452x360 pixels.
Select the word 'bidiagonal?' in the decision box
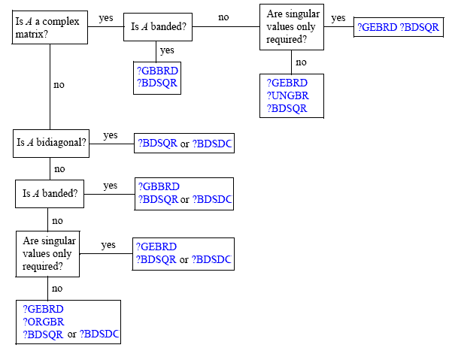tap(61, 142)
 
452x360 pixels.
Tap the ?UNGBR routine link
tap(288, 95)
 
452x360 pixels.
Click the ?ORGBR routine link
tap(44, 322)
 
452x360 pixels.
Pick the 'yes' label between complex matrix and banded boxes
tap(106, 18)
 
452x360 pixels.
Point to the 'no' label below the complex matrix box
tap(59, 85)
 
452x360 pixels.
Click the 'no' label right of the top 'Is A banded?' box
tap(223, 17)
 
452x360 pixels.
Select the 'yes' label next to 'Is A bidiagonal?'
tap(111, 135)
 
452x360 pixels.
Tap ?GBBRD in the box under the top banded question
tap(158, 71)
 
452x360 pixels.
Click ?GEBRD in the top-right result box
tap(377, 27)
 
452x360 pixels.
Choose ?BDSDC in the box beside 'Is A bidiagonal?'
tap(212, 144)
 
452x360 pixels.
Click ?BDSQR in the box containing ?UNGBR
tap(287, 108)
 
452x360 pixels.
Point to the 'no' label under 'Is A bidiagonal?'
tap(59, 169)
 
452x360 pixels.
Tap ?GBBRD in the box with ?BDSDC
tap(159, 186)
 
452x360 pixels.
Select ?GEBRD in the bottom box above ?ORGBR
tap(43, 309)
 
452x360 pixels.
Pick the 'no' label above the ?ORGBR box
tap(57, 289)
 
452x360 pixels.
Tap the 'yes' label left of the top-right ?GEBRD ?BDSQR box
tap(338, 18)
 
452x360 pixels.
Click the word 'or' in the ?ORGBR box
tap(71, 334)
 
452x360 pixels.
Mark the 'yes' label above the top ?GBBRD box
tap(167, 50)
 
